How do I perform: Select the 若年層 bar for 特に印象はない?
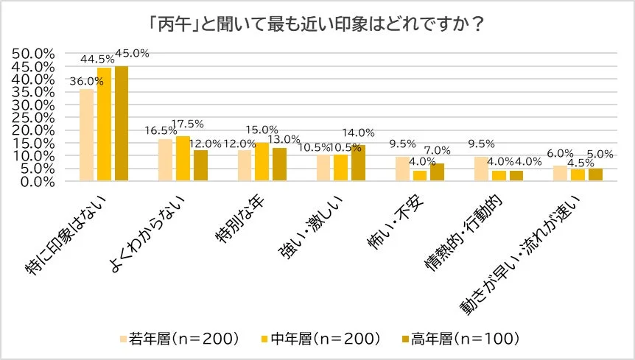pos(86,135)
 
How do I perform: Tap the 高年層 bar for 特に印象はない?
pos(122,124)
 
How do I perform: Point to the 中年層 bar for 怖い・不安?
pos(420,175)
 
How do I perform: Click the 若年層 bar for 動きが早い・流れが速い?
pos(560,173)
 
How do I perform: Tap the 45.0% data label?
pos(133,52)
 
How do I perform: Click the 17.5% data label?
pos(186,124)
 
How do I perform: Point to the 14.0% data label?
pos(361,133)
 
